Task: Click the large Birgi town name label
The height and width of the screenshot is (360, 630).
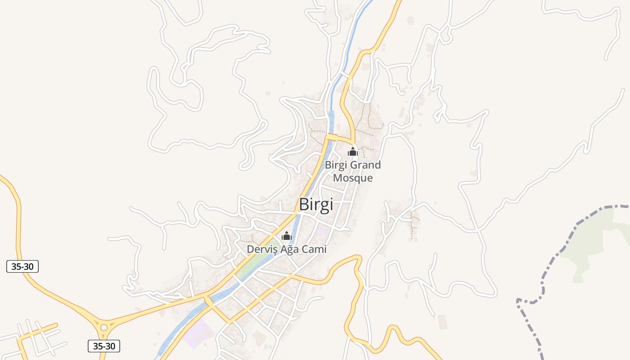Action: [316, 205]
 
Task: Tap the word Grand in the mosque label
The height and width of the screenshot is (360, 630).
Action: [365, 165]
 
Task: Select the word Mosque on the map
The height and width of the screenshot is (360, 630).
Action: [353, 178]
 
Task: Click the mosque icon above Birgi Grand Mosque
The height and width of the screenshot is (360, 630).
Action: [352, 152]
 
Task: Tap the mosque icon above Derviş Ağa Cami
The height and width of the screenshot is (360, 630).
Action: [286, 236]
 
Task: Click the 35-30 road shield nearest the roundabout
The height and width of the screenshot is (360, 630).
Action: [103, 346]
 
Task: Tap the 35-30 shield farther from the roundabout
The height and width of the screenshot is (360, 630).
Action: [22, 266]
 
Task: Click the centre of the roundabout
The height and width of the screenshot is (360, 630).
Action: [104, 327]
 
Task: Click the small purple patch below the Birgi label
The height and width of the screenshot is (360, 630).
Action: [322, 232]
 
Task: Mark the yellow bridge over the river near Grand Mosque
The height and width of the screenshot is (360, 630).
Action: [333, 137]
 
